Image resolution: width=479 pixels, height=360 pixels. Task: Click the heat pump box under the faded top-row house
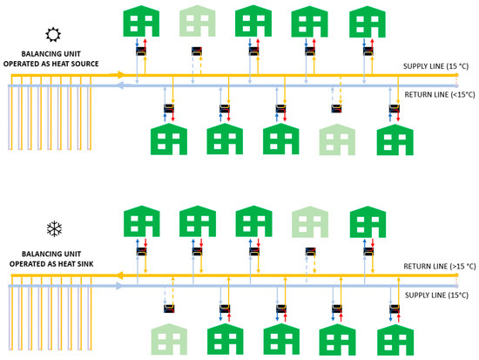[x=197, y=51]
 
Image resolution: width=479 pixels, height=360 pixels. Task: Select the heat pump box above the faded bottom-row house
[x=169, y=307]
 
